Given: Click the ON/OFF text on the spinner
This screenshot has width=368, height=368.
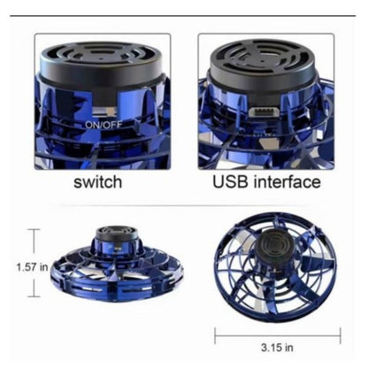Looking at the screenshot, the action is pyautogui.click(x=103, y=125).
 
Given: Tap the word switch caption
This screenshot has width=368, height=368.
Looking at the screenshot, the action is pyautogui.click(x=98, y=182).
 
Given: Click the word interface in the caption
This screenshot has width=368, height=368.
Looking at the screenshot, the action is pyautogui.click(x=287, y=181).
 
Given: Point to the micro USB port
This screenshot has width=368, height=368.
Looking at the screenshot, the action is pyautogui.click(x=264, y=112).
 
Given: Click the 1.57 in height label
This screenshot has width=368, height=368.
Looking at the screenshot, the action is pyautogui.click(x=32, y=267).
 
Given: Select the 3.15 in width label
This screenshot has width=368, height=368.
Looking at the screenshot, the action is pyautogui.click(x=277, y=348).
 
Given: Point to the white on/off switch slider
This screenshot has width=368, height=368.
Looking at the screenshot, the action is pyautogui.click(x=103, y=112).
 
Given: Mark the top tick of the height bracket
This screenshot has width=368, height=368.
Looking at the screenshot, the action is pyautogui.click(x=34, y=229).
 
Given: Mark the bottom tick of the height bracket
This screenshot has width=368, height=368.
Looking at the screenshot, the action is pyautogui.click(x=34, y=296).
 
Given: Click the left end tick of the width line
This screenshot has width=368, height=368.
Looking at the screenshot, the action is pyautogui.click(x=215, y=335).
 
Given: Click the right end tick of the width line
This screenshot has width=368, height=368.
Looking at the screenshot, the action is pyautogui.click(x=341, y=335).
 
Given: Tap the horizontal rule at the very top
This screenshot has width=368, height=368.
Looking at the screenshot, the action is pyautogui.click(x=183, y=15).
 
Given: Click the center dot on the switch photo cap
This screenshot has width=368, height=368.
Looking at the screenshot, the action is pyautogui.click(x=102, y=58).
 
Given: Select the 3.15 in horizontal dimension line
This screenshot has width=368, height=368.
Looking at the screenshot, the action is pyautogui.click(x=278, y=335).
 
